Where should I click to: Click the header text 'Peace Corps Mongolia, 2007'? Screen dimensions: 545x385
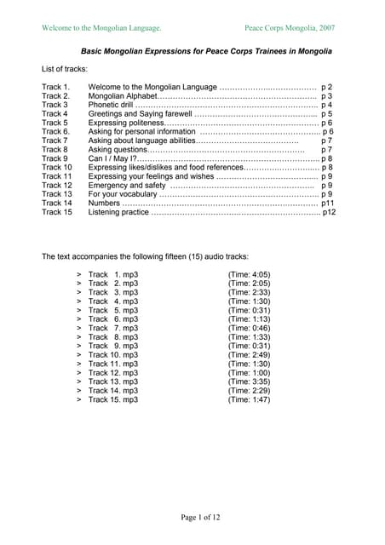pyautogui.click(x=290, y=28)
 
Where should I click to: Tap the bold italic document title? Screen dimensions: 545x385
pyautogui.click(x=206, y=51)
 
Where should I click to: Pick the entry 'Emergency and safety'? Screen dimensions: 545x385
pyautogui.click(x=127, y=185)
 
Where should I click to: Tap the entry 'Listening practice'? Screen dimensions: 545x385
pyautogui.click(x=119, y=212)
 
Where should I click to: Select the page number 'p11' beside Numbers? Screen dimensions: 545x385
pyautogui.click(x=329, y=203)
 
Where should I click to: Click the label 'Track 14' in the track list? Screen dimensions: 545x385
pyautogui.click(x=56, y=203)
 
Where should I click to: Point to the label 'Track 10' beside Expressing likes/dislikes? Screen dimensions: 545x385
pyautogui.click(x=56, y=168)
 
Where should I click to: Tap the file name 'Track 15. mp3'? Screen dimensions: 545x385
pyautogui.click(x=112, y=399)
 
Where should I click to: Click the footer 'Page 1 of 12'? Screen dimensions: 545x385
pyautogui.click(x=200, y=517)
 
